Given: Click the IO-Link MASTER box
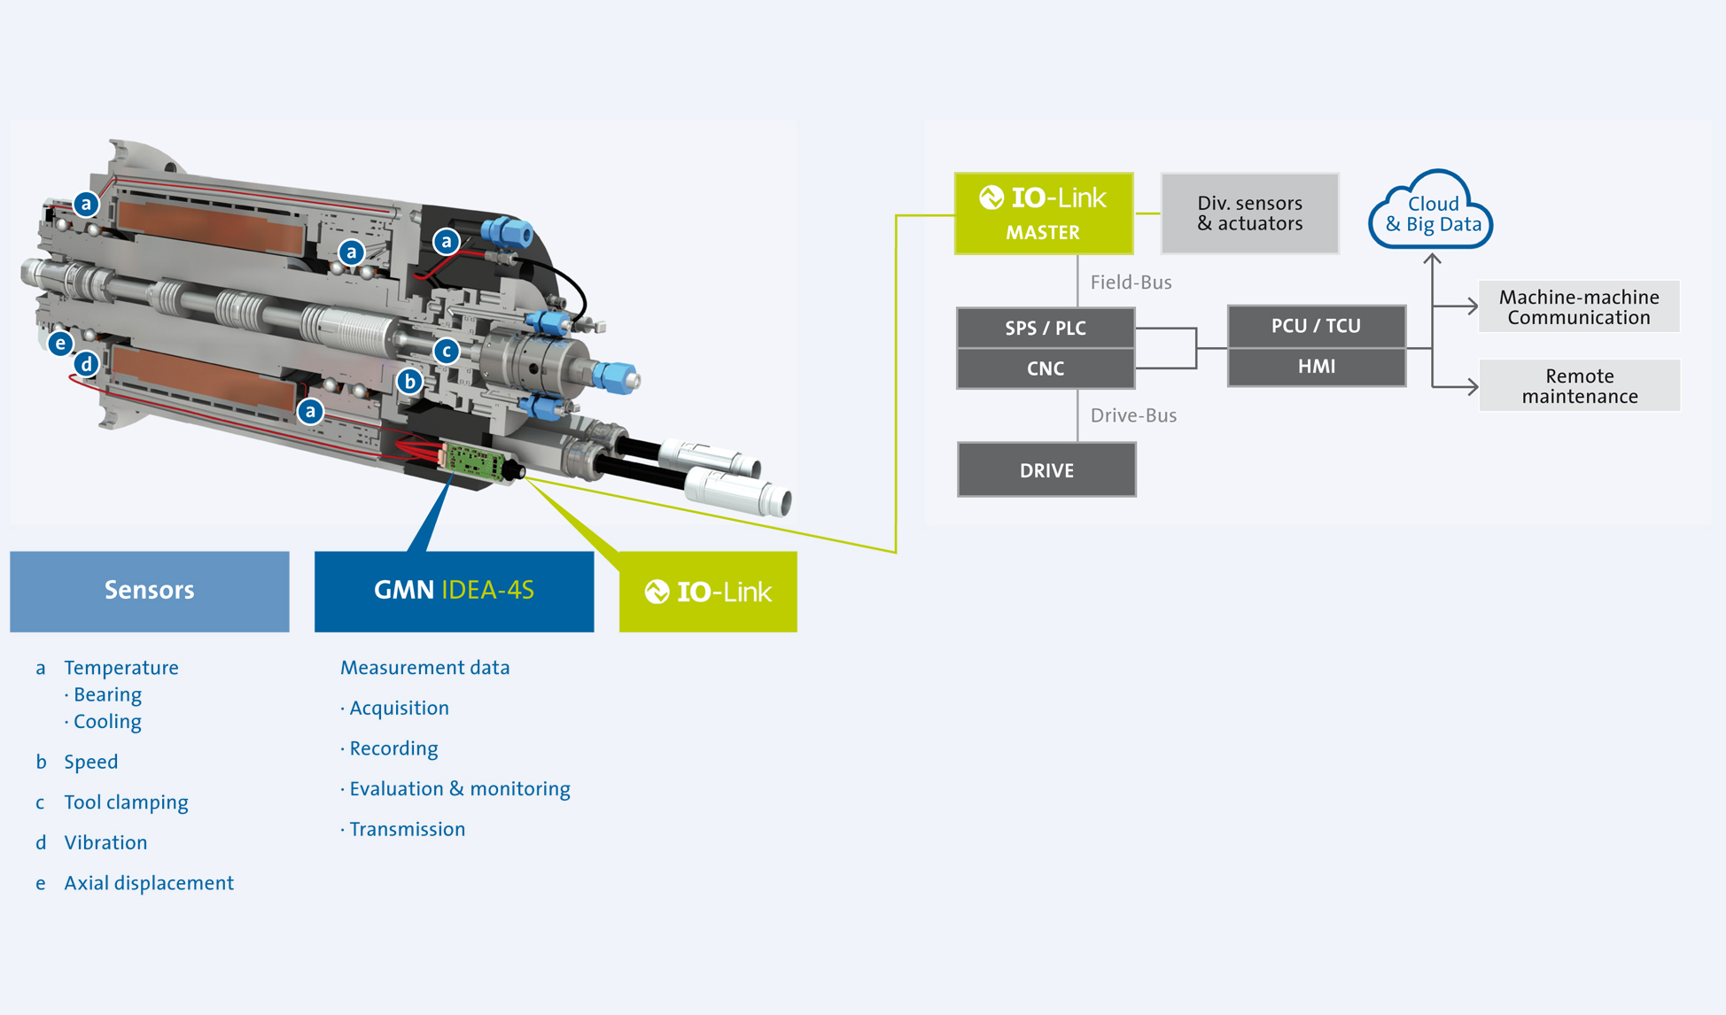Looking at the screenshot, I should click(1043, 213).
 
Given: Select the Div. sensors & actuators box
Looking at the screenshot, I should click(1249, 213).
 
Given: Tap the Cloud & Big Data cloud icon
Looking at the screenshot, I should click(1431, 213).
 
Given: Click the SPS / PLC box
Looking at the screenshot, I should click(1046, 328).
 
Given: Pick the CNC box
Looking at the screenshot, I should click(1046, 368).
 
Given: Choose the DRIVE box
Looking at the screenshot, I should click(1046, 470).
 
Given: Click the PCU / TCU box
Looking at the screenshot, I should click(1316, 326).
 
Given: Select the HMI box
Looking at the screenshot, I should click(1316, 367).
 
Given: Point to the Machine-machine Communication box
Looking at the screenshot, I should click(1579, 307).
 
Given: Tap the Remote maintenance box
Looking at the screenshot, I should click(1579, 386).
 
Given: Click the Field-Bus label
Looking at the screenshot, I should click(1131, 283).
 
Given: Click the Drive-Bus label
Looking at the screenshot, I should click(1133, 415).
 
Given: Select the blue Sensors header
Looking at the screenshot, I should click(149, 591).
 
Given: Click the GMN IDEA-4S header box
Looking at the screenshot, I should click(454, 591).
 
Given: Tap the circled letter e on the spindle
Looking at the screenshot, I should click(60, 344).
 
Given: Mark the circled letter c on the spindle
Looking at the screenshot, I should click(447, 351).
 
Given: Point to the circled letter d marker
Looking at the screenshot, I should click(86, 364).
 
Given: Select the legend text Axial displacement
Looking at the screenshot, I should click(149, 883).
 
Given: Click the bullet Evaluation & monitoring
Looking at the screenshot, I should click(459, 789).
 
